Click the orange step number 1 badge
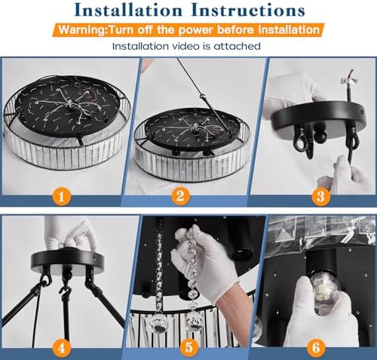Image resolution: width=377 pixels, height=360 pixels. coord(62,195)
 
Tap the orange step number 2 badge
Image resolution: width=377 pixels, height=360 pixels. coord(180,195)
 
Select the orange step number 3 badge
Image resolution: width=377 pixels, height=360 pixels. coord(321,195)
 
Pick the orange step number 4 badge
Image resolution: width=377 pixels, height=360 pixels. coord(62,348)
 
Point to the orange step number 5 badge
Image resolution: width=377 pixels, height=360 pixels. coord(188,348)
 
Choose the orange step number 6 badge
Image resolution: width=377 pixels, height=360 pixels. coord(316,348)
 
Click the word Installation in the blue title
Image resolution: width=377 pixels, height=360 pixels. coord(128,11)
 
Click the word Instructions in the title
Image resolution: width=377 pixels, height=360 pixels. coord(248,11)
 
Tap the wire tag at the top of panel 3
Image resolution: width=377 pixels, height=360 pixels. coord(349,80)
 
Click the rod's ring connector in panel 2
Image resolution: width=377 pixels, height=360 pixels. coord(202,97)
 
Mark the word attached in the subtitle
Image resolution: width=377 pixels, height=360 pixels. coord(237,46)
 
